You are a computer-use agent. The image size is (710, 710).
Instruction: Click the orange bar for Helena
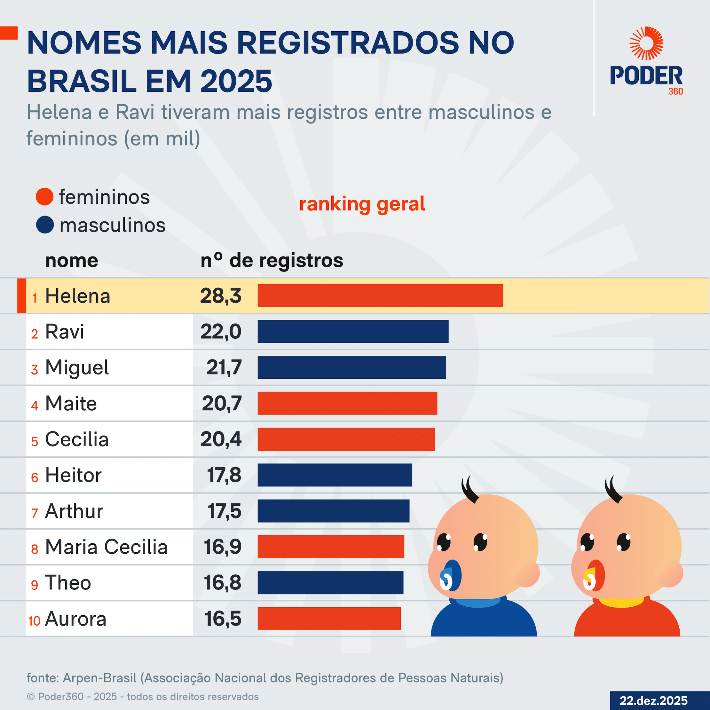click(x=380, y=296)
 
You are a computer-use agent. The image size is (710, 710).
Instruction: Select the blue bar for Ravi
click(x=353, y=331)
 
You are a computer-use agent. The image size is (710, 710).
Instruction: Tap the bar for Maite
click(x=347, y=403)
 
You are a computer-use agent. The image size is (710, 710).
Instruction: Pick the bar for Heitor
click(x=335, y=475)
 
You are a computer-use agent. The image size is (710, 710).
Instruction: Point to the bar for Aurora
click(x=329, y=619)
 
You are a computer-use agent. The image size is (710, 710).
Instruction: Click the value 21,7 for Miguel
click(x=224, y=367)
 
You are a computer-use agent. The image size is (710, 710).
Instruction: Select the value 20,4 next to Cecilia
click(x=221, y=439)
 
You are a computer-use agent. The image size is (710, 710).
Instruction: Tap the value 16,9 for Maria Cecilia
click(x=223, y=547)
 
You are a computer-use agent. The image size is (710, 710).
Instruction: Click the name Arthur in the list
click(x=74, y=511)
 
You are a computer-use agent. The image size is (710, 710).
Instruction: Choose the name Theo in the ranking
click(x=68, y=583)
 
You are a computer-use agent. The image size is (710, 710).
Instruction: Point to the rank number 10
click(x=34, y=621)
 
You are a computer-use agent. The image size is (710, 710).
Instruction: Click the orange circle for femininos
click(x=45, y=197)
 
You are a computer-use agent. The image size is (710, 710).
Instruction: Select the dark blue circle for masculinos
click(x=45, y=225)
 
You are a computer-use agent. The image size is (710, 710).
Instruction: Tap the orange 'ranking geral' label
click(x=362, y=204)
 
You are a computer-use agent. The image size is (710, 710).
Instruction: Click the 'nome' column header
click(x=72, y=261)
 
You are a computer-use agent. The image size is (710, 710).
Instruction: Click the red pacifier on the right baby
click(x=594, y=575)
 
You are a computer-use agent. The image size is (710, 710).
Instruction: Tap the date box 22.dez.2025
click(x=653, y=700)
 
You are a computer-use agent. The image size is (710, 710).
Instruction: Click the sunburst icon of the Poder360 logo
click(x=646, y=43)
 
